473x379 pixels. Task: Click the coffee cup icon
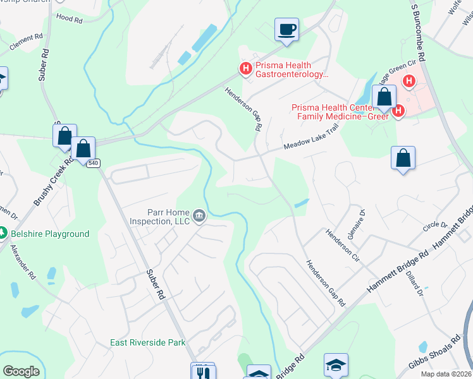286,29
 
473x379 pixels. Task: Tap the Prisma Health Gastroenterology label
292,69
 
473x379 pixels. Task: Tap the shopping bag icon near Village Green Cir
384,97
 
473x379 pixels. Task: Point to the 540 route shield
94,163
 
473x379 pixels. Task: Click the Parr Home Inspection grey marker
199,216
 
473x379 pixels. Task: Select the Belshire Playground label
50,234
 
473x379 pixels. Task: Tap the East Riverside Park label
147,342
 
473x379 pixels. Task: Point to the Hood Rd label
70,20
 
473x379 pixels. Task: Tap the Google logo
21,371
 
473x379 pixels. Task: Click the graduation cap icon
336,364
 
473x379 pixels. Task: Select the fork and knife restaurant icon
203,371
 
